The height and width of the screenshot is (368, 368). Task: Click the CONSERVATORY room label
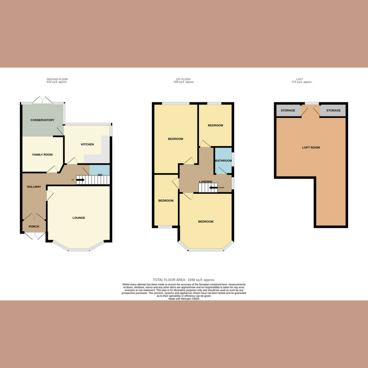(42, 120)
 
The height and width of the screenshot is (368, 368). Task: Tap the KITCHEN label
(87, 144)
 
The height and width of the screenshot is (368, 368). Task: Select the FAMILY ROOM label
(42, 155)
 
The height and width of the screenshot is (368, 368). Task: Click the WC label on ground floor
(100, 174)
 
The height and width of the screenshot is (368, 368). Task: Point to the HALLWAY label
(34, 187)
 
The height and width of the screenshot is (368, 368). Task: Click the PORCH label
(34, 226)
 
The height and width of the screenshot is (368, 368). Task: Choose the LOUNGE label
(79, 218)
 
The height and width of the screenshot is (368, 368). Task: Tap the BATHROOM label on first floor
(223, 161)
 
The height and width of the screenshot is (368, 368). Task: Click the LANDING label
(205, 182)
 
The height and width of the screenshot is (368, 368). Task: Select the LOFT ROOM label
(310, 148)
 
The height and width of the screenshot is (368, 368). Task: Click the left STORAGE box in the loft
(287, 111)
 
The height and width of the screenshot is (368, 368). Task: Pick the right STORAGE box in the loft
(333, 111)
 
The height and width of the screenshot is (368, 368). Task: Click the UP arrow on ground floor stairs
(80, 180)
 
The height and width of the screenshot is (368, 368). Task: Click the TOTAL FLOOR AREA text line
(184, 280)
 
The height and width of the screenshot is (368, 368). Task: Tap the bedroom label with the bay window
(206, 222)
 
